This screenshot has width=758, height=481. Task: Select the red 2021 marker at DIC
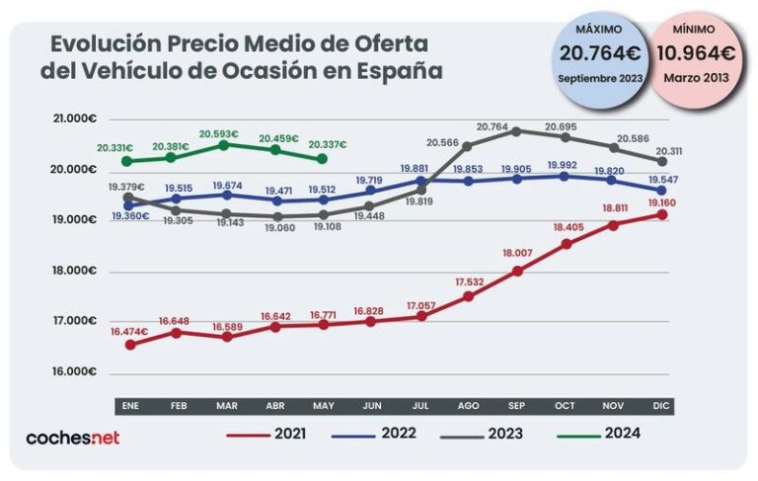(x=663, y=214)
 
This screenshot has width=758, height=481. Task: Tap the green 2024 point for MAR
(x=224, y=145)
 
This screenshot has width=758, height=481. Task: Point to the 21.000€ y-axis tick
(x=73, y=119)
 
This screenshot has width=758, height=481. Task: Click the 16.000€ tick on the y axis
(x=73, y=371)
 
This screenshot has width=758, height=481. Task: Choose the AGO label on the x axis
(x=467, y=406)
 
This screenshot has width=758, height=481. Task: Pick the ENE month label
(x=129, y=406)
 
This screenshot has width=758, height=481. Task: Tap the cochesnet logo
(x=72, y=437)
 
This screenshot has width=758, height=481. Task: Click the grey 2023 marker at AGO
(x=468, y=146)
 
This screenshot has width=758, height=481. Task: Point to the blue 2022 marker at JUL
(x=418, y=181)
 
